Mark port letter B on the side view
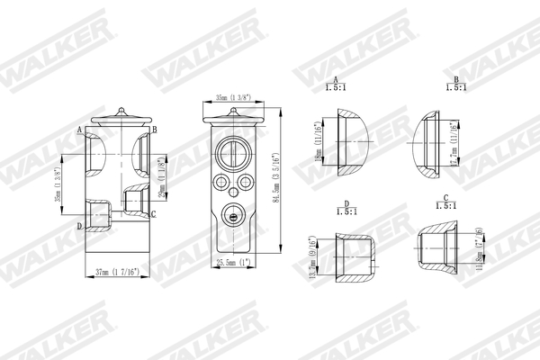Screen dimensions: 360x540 [x=155, y=130]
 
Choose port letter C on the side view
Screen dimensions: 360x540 [x=154, y=214]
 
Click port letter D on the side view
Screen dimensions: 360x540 [x=80, y=225]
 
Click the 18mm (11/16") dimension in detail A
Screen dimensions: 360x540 [x=317, y=148]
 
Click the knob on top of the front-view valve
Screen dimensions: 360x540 [x=233, y=112]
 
